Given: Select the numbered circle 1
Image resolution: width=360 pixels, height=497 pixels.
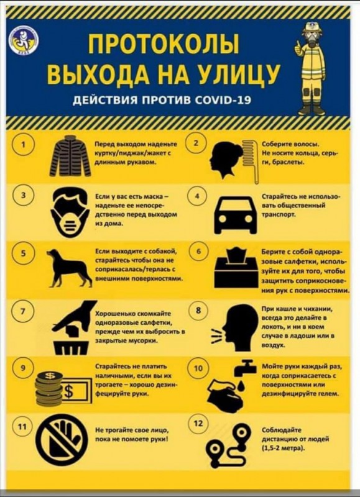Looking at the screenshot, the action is pos(22,145).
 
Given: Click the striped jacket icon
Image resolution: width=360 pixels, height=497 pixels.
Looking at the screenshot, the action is pos(70,156).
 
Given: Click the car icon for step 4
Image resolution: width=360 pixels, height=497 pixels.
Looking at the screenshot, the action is pos(236,214).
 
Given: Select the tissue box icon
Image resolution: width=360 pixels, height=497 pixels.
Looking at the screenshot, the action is pos(236,268).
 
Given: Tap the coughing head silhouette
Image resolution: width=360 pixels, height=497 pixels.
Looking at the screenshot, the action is pos(239,327).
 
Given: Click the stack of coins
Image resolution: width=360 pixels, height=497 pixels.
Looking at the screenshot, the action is pos(49,389).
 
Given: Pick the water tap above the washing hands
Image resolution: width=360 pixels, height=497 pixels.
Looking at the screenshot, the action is pos(245,368).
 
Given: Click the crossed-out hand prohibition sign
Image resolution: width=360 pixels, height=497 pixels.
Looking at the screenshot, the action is pos(62,440).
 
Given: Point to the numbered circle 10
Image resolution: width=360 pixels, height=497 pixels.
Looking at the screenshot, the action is pos(198,368).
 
